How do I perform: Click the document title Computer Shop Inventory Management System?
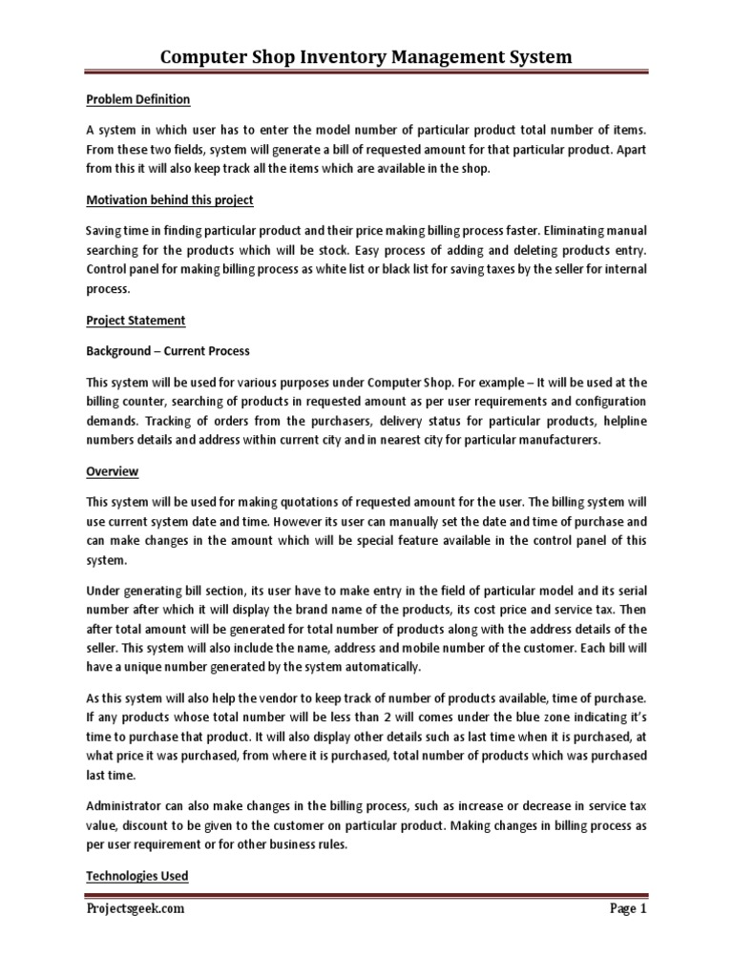366,57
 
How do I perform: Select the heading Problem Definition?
138,99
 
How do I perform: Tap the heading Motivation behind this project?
169,199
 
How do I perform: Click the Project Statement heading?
136,320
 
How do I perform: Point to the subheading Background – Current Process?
167,351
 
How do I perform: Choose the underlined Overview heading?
113,471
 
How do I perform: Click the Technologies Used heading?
136,875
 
